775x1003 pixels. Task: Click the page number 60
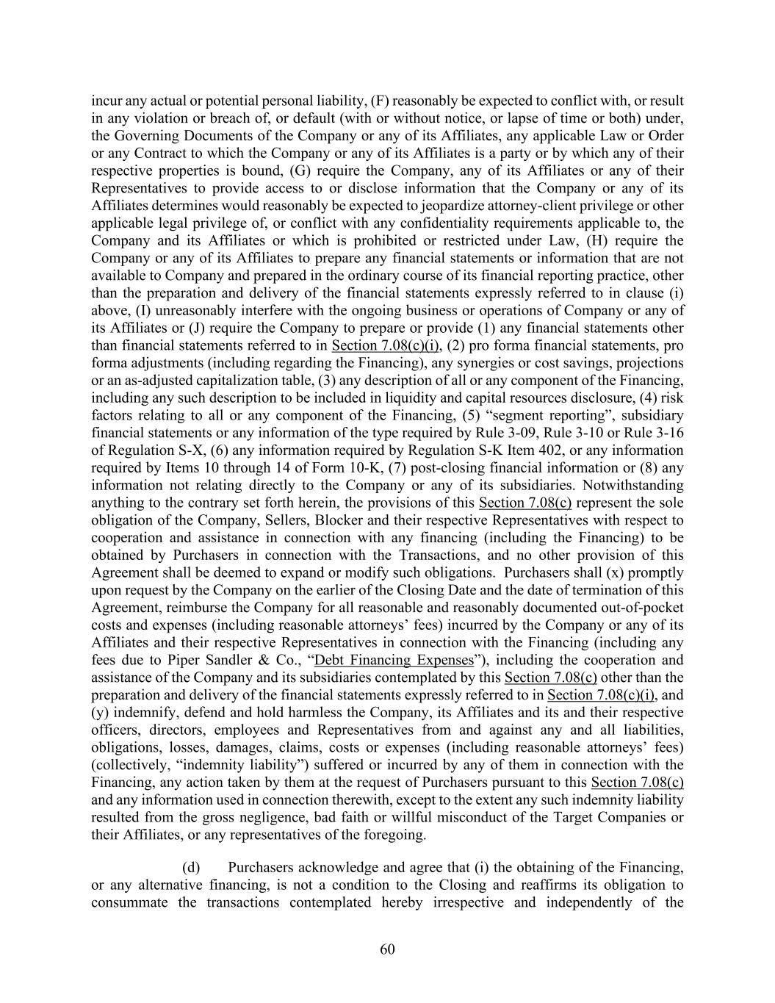pos(387,949)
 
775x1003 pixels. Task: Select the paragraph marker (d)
pos(190,867)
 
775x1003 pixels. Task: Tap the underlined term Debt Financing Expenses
pos(394,660)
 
